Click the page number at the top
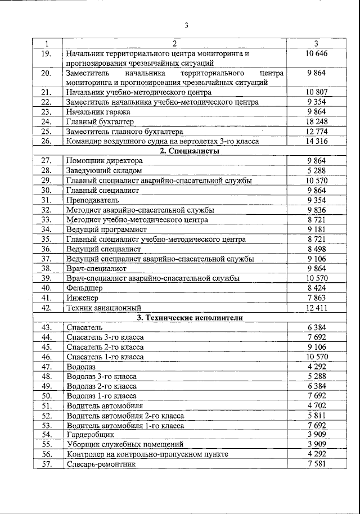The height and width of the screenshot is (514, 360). tap(186, 25)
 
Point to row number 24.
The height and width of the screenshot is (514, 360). tap(47, 121)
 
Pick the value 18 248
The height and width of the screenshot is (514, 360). tap(317, 121)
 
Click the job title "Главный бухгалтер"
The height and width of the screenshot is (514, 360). tap(100, 121)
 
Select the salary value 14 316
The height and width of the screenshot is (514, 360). tap(317, 141)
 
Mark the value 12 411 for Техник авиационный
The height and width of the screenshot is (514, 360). tap(317, 308)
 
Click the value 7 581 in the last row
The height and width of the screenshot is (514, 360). tap(317, 464)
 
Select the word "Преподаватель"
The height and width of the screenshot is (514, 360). tap(92, 200)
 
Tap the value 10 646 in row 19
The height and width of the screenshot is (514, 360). tap(317, 53)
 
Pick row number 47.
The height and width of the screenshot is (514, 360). tap(47, 366)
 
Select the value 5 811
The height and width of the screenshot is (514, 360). tap(317, 415)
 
